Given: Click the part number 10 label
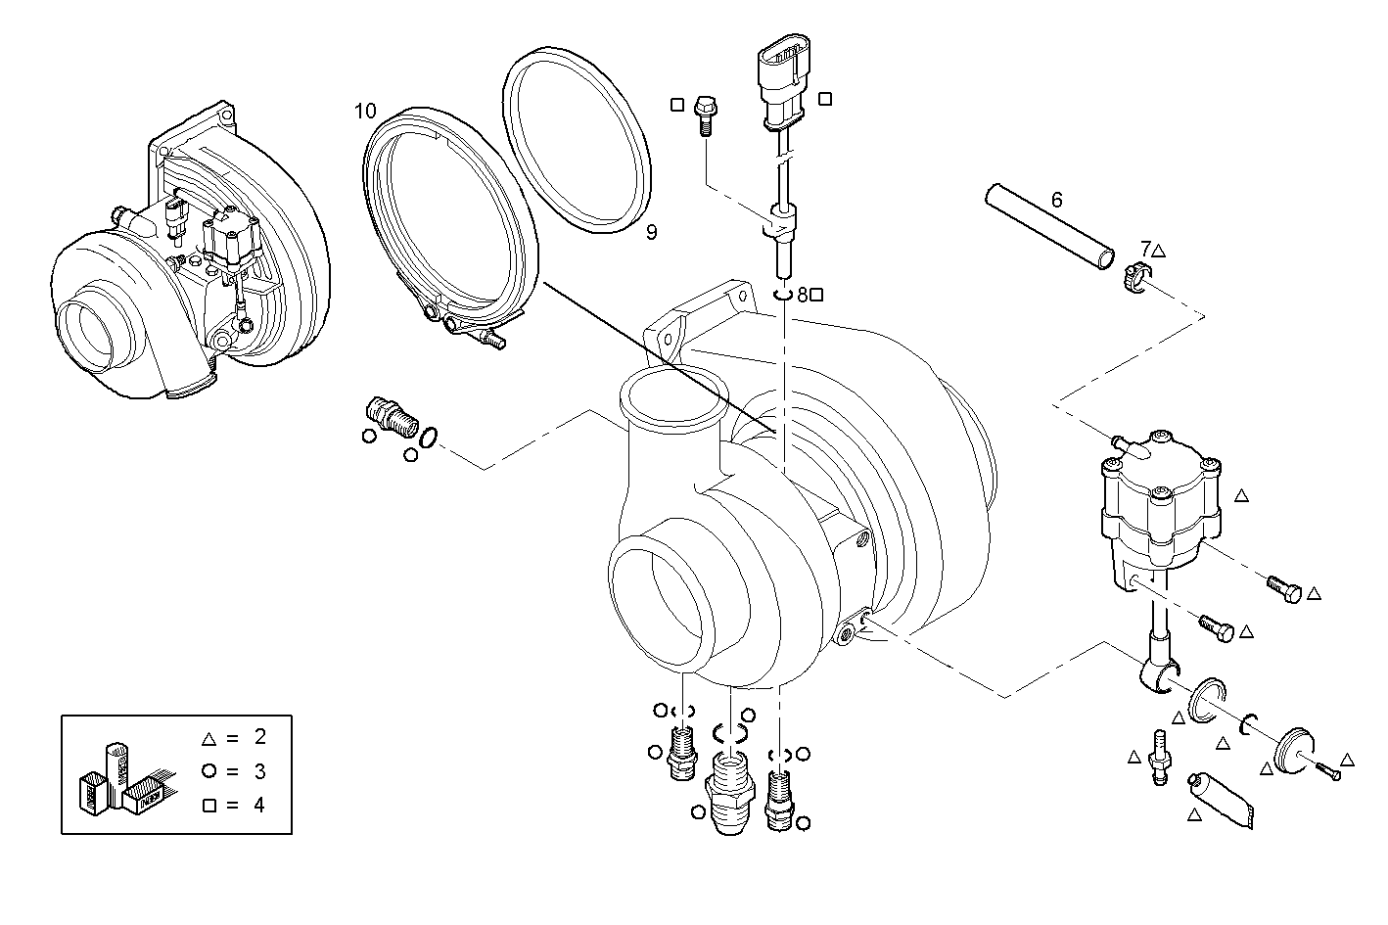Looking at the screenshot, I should coord(364,110).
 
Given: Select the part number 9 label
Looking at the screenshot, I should coord(651,232).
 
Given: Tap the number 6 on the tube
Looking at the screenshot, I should coord(1056,200).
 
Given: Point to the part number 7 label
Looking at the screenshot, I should coord(1145,249).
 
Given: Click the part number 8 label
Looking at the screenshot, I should coord(803,294).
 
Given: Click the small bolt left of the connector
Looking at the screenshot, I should coord(703,113).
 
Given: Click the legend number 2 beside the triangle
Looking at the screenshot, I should coord(259,737).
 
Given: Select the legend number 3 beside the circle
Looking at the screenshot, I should coord(259,771).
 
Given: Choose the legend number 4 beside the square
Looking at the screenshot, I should coord(259,806).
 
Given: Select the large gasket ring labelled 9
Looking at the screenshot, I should coord(578,141).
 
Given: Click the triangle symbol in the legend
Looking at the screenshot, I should coord(208,738).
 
